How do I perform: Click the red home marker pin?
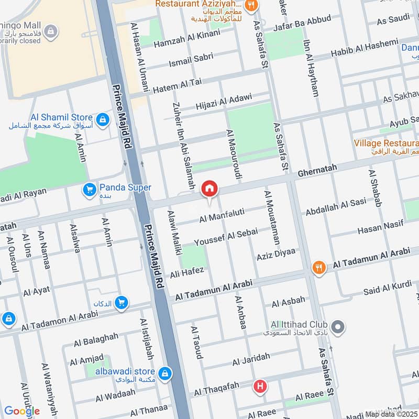[x=210, y=189]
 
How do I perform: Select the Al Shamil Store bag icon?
[x=103, y=119]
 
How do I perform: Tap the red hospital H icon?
[x=259, y=387]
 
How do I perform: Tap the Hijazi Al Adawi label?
[x=224, y=101]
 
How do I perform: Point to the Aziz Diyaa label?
[x=276, y=255]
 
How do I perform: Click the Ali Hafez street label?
[x=186, y=272]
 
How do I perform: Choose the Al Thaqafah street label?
[x=216, y=389]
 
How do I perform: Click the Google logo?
[x=22, y=411]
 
